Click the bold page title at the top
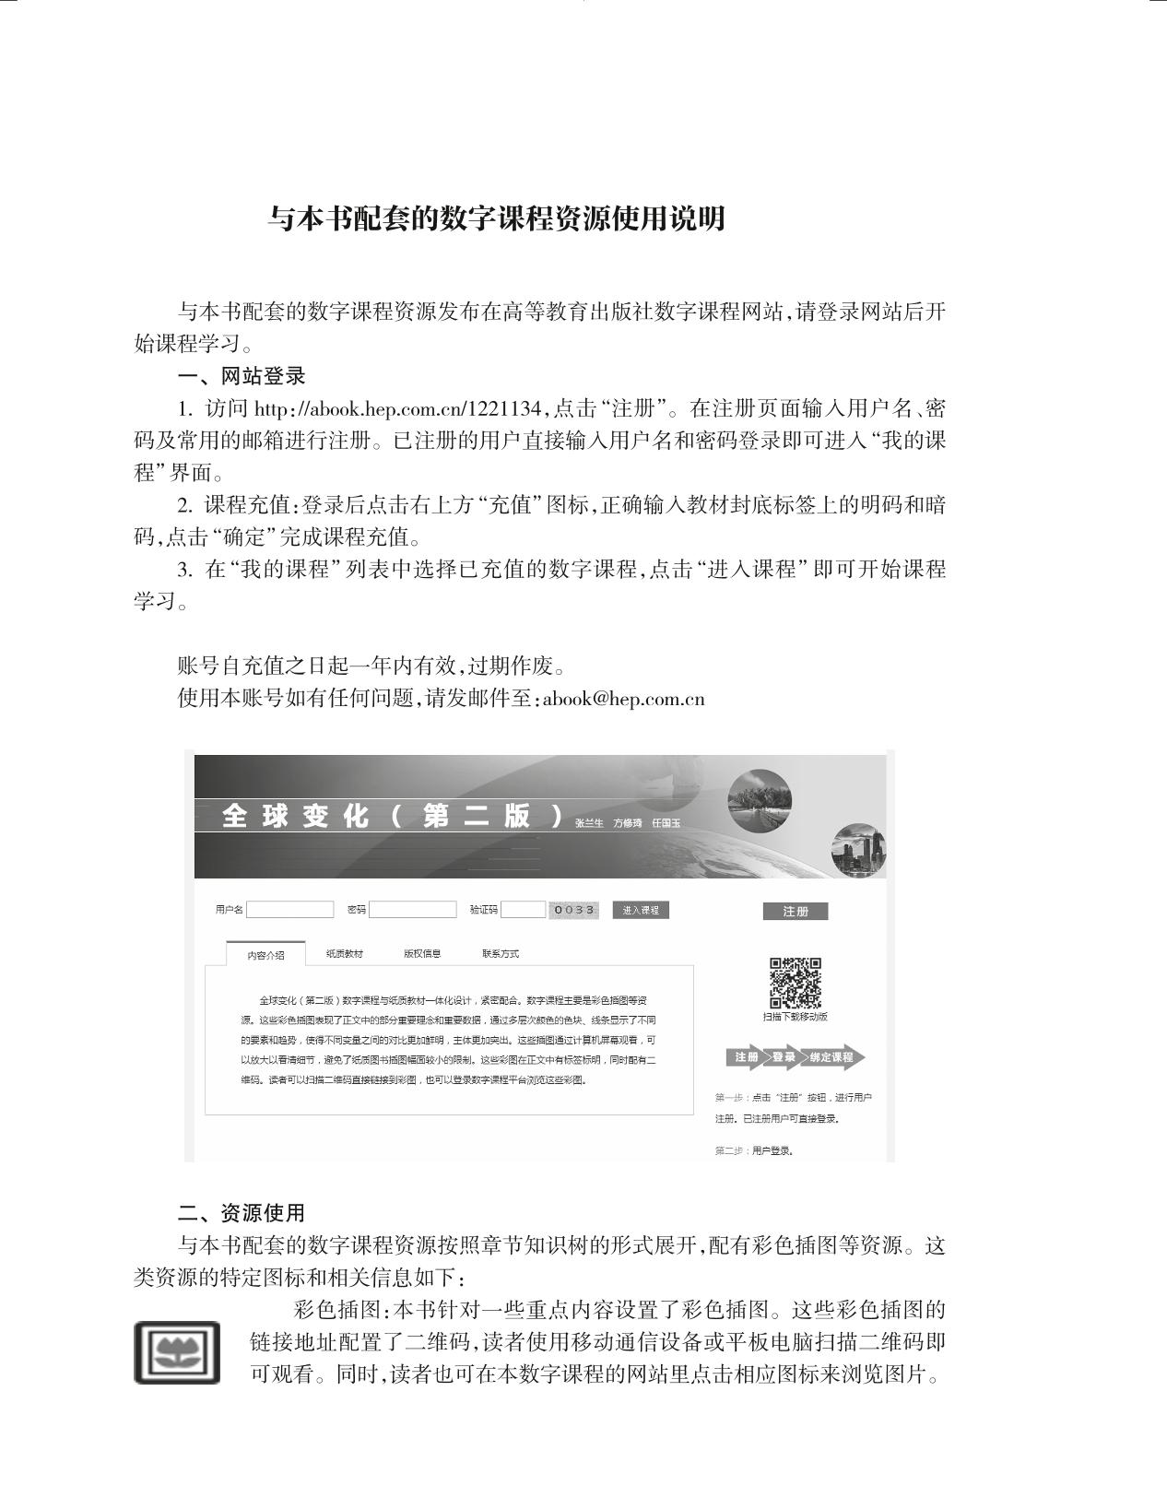pos(497,219)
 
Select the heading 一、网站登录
pos(241,376)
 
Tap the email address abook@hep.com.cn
pos(624,699)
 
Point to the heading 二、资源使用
pos(241,1213)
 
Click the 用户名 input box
pos(289,910)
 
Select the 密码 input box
pos(412,910)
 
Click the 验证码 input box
pos(523,910)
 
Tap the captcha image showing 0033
pos(573,911)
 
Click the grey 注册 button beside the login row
pos(795,912)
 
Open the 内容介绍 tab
pos(265,955)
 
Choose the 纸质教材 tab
pos(345,954)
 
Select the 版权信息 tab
pos(422,954)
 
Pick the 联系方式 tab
pos(501,954)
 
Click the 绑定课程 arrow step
pos(832,1057)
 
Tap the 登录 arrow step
pos(784,1057)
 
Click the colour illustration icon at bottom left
pos(177,1352)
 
